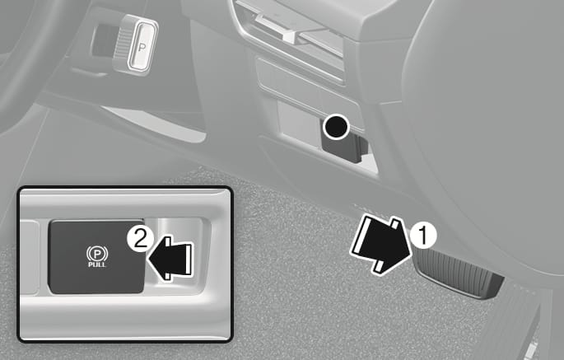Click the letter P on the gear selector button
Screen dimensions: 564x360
[x=142, y=47]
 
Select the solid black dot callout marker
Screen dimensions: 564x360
[x=336, y=126]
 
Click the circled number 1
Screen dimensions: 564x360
[x=423, y=235]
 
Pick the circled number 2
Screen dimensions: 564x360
[x=140, y=239]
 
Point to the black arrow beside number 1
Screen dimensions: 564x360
[x=380, y=245]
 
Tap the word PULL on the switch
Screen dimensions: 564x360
[x=97, y=264]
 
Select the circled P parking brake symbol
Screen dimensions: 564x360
[x=97, y=254]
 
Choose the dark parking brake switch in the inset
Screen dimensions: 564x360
[x=96, y=256]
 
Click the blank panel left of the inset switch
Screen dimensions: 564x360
[x=30, y=256]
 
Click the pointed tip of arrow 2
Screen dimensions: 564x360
[x=148, y=258]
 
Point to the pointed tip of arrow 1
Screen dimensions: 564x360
[x=411, y=255]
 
